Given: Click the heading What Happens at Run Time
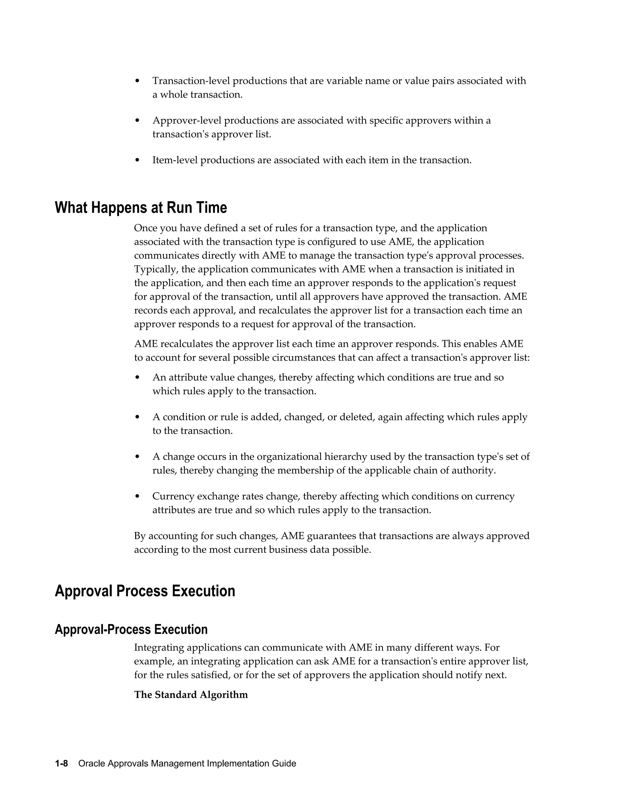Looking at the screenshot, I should [x=141, y=208].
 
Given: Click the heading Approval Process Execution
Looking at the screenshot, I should [x=145, y=591].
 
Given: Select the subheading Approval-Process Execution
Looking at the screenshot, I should [x=131, y=629].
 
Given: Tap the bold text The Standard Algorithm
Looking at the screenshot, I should [x=191, y=695].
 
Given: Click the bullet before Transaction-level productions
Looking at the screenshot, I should [x=138, y=81].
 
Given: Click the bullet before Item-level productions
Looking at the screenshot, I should [x=138, y=160].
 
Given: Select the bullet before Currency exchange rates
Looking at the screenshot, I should [x=138, y=496].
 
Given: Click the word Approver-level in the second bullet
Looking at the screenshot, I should [x=187, y=121].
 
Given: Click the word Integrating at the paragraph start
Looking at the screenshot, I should [x=159, y=648].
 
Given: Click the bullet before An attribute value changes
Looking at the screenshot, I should [x=138, y=377].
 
